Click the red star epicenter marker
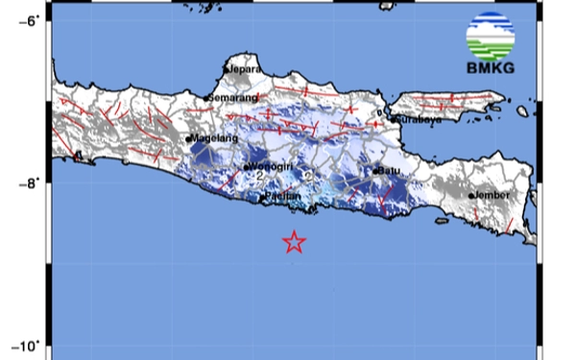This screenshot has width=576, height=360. (x=294, y=242)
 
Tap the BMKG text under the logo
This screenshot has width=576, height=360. (x=490, y=67)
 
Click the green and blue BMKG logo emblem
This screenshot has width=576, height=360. (x=490, y=36)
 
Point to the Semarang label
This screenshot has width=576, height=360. (x=234, y=98)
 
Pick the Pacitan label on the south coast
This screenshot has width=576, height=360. (x=284, y=197)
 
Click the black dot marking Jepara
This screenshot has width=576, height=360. (x=226, y=70)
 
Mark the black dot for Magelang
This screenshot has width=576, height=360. (x=188, y=139)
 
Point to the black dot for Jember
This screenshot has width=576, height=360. (x=471, y=196)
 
